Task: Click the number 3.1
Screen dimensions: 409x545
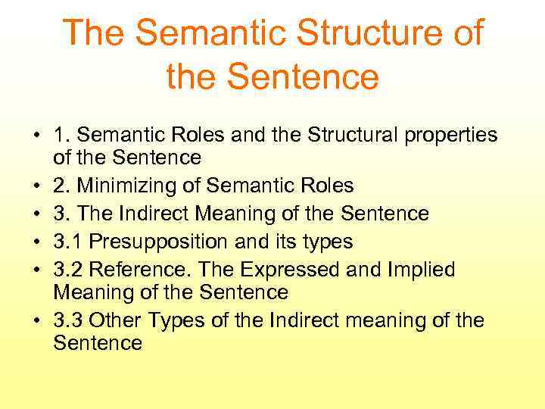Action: pyautogui.click(x=68, y=242)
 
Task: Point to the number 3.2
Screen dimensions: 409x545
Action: pyautogui.click(x=69, y=269)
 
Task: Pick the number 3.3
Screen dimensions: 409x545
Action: pyautogui.click(x=69, y=321)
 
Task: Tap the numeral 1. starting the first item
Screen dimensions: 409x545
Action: pyautogui.click(x=61, y=135)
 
